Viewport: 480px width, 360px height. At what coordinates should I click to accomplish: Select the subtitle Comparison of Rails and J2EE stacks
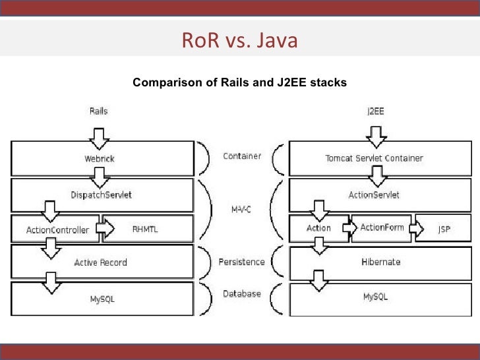239,83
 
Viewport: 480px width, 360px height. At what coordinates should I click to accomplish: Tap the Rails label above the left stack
98,111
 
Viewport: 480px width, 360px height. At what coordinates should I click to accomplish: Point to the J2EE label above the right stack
375,111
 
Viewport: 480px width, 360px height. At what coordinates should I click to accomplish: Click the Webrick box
102,158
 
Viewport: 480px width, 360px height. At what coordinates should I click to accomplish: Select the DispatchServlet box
102,195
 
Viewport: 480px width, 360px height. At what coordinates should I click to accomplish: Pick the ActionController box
53,229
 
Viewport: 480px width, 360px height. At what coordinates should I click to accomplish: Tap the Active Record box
102,262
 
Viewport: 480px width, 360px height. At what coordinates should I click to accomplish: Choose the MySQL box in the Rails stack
102,299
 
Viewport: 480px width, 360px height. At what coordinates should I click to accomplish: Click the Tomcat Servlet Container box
374,158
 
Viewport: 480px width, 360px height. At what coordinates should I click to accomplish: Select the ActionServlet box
374,195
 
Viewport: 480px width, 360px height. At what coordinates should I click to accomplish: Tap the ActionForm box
382,227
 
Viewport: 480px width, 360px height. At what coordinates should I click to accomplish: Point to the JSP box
444,229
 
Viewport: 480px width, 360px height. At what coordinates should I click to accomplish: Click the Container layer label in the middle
242,156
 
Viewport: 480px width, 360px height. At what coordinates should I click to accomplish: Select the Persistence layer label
241,262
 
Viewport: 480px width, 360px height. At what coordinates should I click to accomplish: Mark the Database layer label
241,293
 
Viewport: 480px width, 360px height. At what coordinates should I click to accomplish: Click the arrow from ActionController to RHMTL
104,229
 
